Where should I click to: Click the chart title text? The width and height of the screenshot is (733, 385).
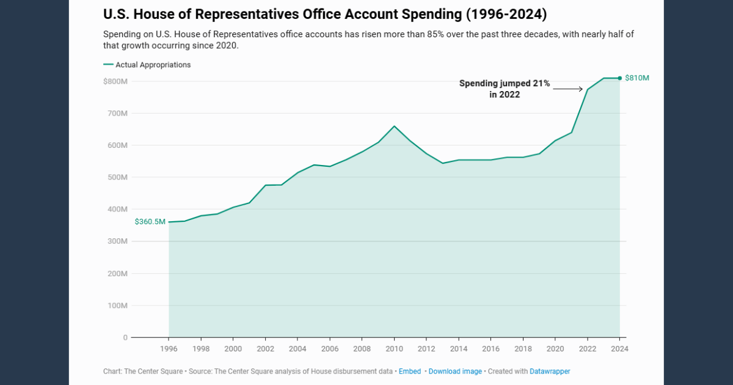[326, 13]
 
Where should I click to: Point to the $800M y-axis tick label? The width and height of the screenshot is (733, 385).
[115, 81]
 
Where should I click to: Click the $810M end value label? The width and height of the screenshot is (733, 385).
[636, 78]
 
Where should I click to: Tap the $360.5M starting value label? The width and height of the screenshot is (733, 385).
[150, 222]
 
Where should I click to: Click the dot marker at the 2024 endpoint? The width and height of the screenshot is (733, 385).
[620, 78]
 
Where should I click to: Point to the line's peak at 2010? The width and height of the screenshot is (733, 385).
[394, 126]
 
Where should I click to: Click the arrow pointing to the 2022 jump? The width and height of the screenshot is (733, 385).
[568, 89]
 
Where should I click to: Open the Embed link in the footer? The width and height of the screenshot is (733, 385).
[410, 371]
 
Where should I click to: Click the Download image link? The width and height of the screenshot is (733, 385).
[455, 371]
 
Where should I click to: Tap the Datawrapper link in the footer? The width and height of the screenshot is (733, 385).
[550, 371]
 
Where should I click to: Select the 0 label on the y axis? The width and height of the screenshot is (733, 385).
[125, 337]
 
